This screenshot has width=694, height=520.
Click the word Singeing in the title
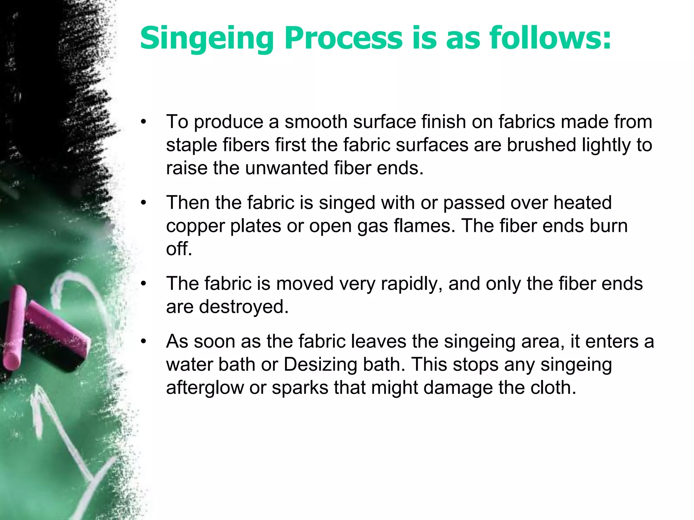(x=207, y=39)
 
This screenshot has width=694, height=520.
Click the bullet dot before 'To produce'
(x=144, y=122)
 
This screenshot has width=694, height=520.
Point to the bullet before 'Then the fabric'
(x=144, y=203)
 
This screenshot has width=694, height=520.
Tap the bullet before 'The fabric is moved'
(x=144, y=284)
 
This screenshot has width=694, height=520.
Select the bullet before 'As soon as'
(x=144, y=341)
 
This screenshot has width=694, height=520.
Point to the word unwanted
(x=286, y=168)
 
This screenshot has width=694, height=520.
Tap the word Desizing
(x=320, y=365)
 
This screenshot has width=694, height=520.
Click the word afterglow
(x=205, y=388)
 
